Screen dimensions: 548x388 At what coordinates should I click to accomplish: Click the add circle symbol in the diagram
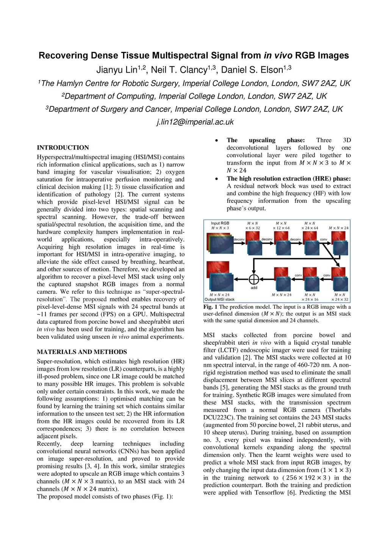[x=254, y=279]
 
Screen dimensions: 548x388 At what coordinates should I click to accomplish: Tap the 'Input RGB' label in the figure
[x=220, y=223]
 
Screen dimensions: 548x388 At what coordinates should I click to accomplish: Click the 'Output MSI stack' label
[x=220, y=299]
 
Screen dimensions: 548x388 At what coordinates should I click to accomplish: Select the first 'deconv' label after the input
[x=239, y=239]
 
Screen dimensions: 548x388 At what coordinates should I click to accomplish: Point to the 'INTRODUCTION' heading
[x=63, y=148]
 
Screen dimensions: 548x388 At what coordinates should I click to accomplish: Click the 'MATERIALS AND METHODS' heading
[x=82, y=352]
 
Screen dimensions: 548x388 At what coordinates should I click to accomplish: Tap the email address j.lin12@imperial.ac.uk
[x=195, y=122]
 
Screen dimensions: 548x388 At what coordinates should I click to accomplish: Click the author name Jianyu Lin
[x=116, y=70]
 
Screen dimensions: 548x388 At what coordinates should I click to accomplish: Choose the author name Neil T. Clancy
[x=179, y=70]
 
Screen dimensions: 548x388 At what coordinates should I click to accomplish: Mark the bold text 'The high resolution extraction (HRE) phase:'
[x=289, y=179]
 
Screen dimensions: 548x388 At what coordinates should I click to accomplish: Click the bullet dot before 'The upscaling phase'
[x=216, y=140]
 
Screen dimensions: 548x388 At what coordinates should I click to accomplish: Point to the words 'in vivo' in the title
[x=278, y=56]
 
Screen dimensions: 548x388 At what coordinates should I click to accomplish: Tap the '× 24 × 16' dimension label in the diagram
[x=310, y=299]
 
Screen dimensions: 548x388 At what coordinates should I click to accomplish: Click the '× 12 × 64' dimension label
[x=281, y=228]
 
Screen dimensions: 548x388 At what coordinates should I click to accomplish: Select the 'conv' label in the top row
[x=324, y=239]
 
